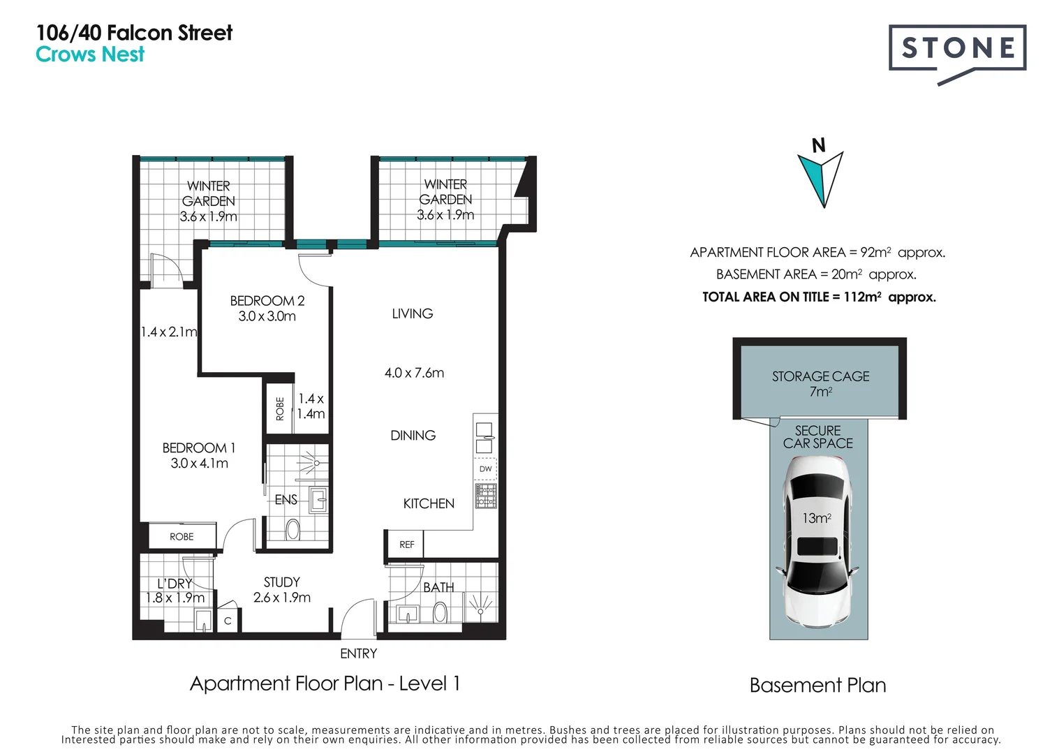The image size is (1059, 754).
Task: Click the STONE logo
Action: (x=957, y=52)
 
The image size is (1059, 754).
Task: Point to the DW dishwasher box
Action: (x=486, y=469)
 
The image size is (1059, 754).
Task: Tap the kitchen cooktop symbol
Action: (x=486, y=496)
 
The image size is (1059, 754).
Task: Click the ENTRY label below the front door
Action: (x=358, y=653)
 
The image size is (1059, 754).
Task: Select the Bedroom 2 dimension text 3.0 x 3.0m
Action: (x=267, y=316)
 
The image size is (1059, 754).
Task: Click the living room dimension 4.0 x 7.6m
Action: (x=414, y=373)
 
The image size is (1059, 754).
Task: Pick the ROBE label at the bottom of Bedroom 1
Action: (x=182, y=537)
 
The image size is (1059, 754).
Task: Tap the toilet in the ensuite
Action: (x=292, y=529)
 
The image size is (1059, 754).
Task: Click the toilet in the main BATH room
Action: (x=440, y=613)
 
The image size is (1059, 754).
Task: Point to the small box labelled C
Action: (x=228, y=620)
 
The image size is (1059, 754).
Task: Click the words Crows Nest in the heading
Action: (x=90, y=54)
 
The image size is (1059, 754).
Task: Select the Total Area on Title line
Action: (x=819, y=297)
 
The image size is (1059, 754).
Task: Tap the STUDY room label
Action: (x=282, y=582)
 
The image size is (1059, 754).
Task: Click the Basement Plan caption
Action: (x=818, y=686)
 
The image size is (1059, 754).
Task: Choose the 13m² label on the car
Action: (x=817, y=519)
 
